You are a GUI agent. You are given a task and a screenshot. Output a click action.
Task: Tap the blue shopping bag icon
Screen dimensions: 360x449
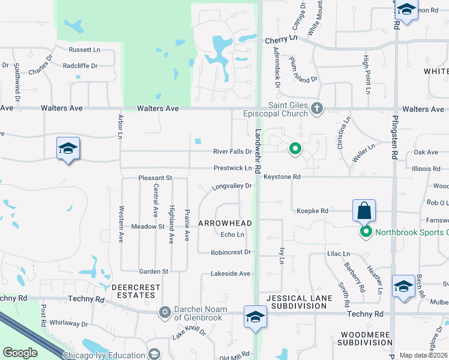[364, 211]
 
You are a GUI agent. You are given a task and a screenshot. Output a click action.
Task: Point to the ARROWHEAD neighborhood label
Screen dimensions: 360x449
[225, 223]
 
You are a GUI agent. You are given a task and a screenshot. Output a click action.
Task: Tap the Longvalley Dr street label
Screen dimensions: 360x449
[231, 187]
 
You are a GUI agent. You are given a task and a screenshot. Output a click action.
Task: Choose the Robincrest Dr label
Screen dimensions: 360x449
[231, 253]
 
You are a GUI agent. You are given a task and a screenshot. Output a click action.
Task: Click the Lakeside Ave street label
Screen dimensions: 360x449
[230, 274]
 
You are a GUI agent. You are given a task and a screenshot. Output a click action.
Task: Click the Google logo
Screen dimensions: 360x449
[20, 353]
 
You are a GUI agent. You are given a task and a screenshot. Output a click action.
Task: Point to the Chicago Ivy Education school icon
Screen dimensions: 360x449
[155, 354]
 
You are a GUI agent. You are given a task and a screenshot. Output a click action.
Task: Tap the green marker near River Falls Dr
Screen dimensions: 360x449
[295, 148]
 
